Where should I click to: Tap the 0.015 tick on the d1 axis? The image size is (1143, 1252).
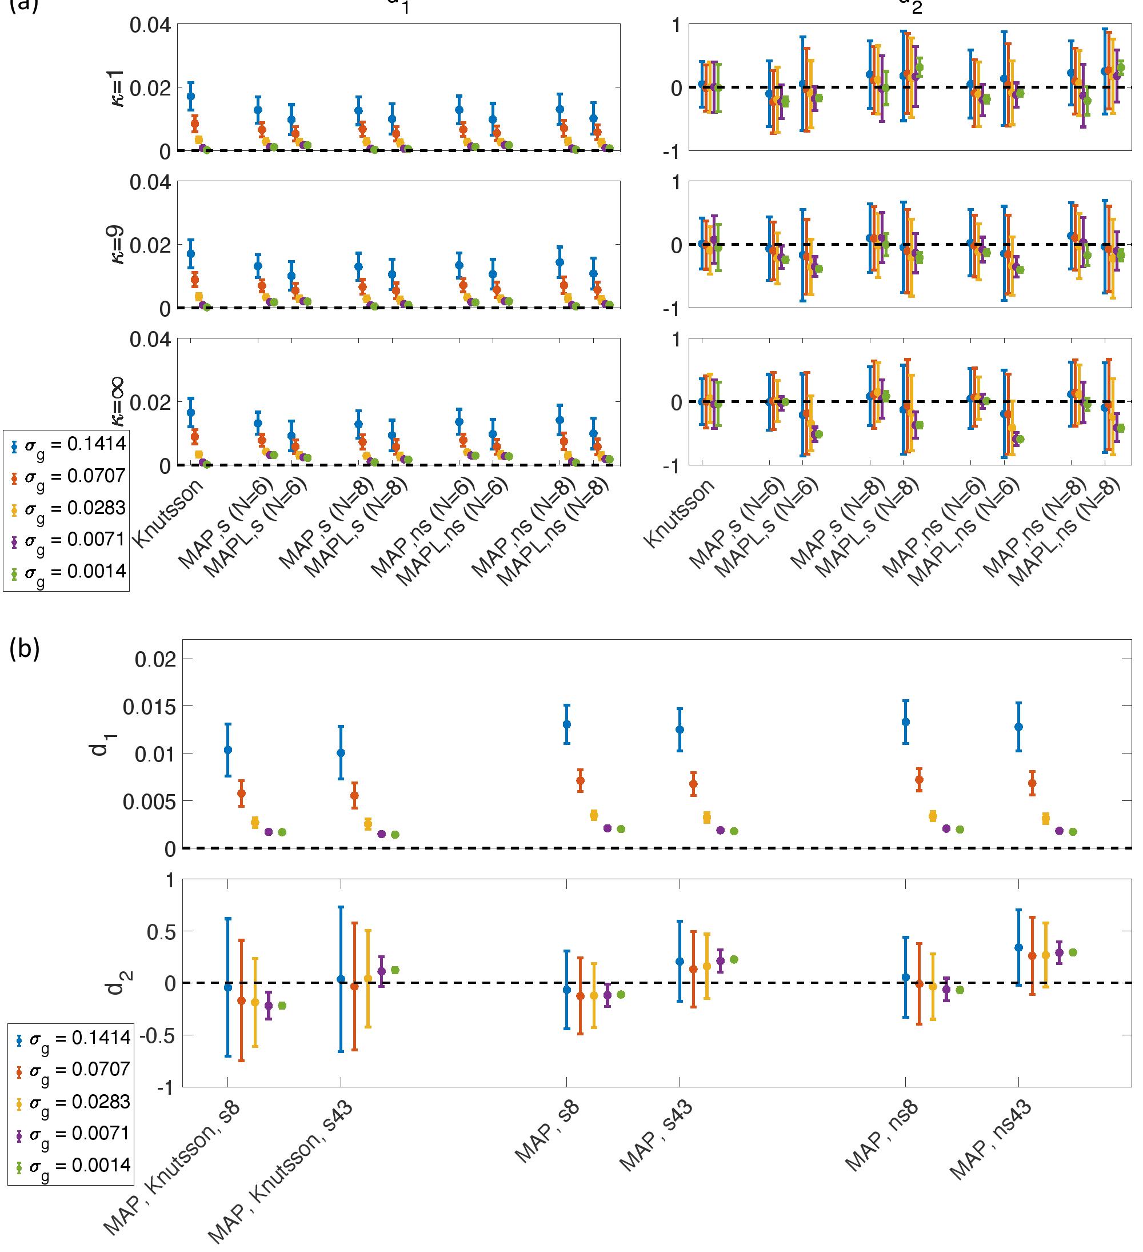click(150, 706)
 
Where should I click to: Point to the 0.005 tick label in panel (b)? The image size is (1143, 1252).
click(150, 801)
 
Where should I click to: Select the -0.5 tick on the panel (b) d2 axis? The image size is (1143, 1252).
click(156, 1035)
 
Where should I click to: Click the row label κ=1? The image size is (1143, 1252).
click(117, 87)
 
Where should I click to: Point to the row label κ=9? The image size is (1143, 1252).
click(117, 245)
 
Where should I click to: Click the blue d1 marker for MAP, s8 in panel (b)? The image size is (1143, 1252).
click(566, 724)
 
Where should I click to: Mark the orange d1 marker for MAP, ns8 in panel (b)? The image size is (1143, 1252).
click(919, 780)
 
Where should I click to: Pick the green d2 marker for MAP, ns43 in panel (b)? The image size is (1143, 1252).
click(1072, 952)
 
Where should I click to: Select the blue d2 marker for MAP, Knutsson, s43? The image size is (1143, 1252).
click(341, 979)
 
